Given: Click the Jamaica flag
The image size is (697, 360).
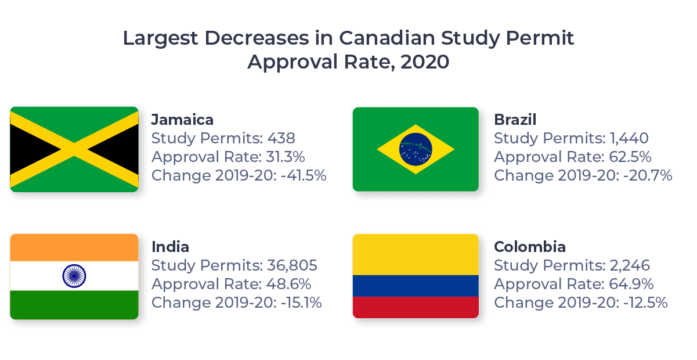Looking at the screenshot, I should tap(74, 149).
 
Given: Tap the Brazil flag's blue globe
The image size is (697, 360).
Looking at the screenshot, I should tap(416, 149).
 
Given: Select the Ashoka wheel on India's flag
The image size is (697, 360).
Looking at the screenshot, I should tap(74, 275).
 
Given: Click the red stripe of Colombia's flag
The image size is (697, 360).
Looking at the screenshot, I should tap(416, 307).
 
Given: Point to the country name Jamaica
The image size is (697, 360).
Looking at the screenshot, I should tap(182, 120).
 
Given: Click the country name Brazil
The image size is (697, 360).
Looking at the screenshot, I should tap(515, 120).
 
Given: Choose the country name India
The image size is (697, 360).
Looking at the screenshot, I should tap(170, 247).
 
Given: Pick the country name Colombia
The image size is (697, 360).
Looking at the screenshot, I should tap(529, 247).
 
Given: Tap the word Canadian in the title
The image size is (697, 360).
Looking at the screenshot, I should tap(387, 38).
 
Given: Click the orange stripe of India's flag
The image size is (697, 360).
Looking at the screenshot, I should tap(74, 248).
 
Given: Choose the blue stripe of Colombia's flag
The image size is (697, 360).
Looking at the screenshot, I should tap(416, 286).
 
